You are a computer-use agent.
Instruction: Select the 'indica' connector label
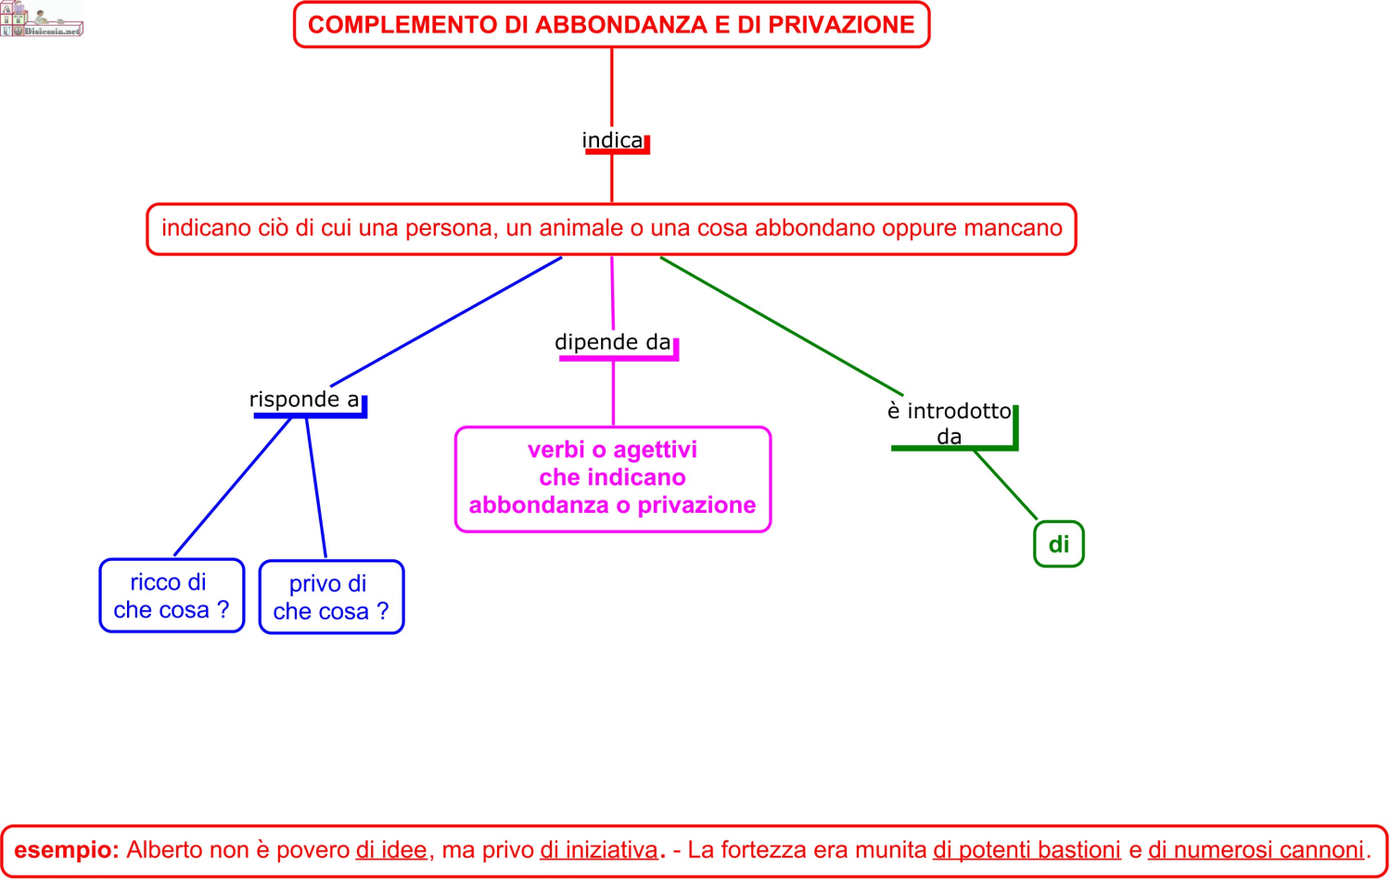click(x=612, y=140)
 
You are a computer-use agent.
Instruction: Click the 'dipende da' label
click(x=612, y=342)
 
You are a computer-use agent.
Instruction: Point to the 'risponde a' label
click(x=304, y=400)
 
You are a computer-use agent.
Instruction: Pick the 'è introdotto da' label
click(x=950, y=424)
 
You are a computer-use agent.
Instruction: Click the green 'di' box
click(x=1058, y=544)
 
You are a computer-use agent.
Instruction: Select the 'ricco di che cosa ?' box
click(x=172, y=595)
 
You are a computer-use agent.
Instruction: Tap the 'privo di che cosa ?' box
click(x=331, y=597)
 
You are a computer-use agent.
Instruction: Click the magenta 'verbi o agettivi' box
click(x=612, y=478)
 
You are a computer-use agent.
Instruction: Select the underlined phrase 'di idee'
click(x=391, y=849)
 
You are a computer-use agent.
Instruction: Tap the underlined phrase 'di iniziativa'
click(x=598, y=849)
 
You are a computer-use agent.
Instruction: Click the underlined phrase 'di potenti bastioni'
click(x=1027, y=849)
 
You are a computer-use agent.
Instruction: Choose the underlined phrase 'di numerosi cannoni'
click(x=1256, y=849)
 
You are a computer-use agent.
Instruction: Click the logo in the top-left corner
click(x=42, y=19)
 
